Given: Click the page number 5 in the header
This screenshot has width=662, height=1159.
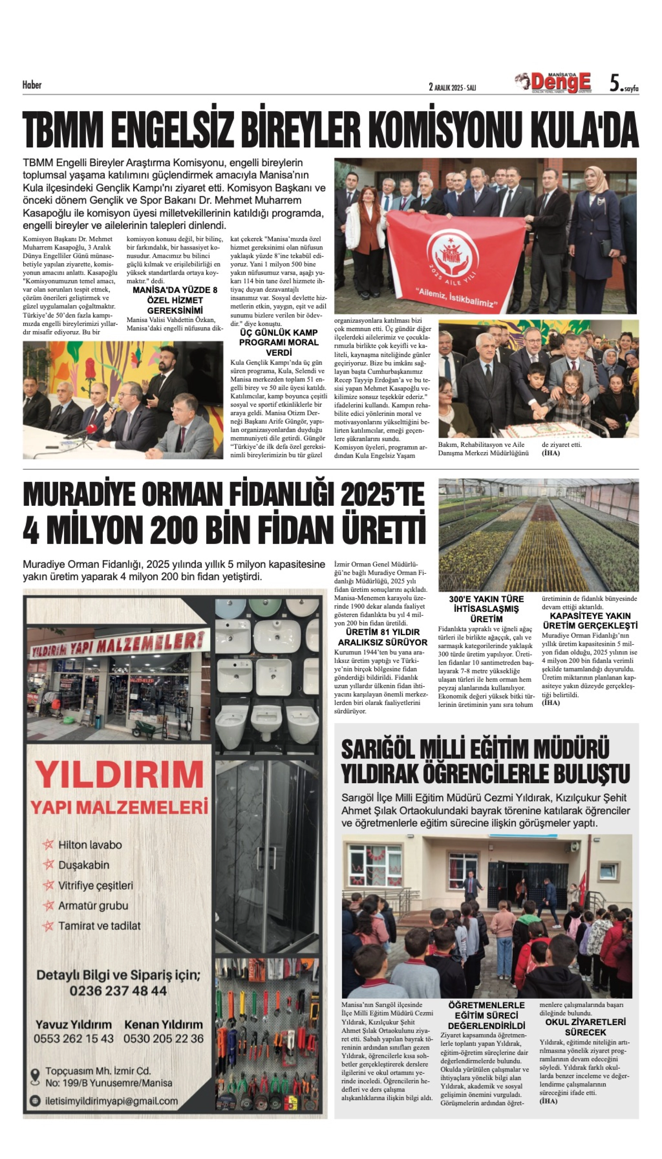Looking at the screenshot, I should pyautogui.click(x=614, y=84).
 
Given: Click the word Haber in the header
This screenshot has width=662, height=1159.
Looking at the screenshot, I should pyautogui.click(x=32, y=85).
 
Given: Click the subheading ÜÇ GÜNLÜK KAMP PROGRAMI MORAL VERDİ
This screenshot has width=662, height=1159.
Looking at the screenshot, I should pyautogui.click(x=278, y=343).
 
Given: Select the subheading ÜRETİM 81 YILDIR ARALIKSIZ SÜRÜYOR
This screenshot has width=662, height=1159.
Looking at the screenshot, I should pyautogui.click(x=382, y=637).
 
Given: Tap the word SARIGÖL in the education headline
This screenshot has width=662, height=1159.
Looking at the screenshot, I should pyautogui.click(x=376, y=750).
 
